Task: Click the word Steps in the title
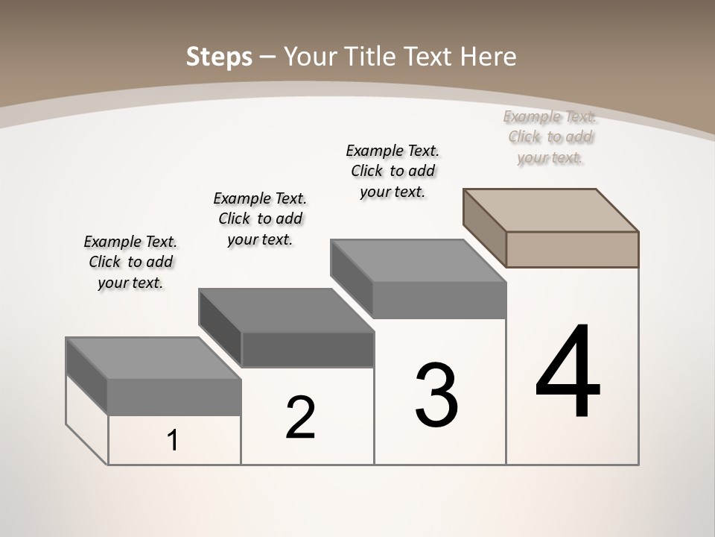pyautogui.click(x=218, y=57)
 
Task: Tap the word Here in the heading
pyautogui.click(x=488, y=57)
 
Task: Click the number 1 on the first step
pyautogui.click(x=173, y=441)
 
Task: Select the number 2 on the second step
pyautogui.click(x=300, y=418)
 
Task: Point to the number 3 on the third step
pyautogui.click(x=436, y=395)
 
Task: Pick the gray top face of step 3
pyautogui.click(x=417, y=261)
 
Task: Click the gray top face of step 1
pyautogui.click(x=153, y=358)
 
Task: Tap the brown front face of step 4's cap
pyautogui.click(x=572, y=249)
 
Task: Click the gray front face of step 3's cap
pyautogui.click(x=439, y=301)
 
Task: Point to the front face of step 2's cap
pyautogui.click(x=308, y=350)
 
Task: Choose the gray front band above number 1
pyautogui.click(x=174, y=397)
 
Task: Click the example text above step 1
pyautogui.click(x=130, y=262)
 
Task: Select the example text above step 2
pyautogui.click(x=260, y=219)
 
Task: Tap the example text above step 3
pyautogui.click(x=393, y=171)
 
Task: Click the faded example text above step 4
pyautogui.click(x=550, y=136)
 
